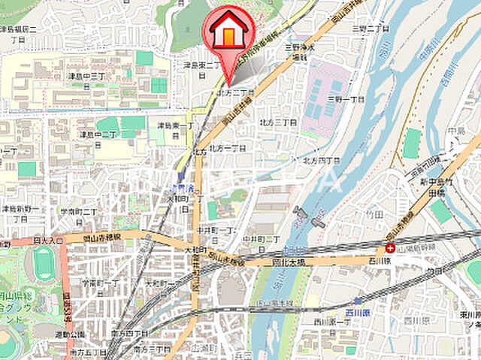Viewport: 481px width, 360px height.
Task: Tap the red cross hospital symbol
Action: [390, 247]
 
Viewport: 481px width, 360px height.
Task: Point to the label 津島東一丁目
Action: [175, 128]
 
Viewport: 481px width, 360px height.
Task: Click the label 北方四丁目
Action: [321, 161]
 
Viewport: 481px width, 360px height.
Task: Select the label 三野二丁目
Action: [371, 28]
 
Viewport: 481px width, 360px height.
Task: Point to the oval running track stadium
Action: [44, 265]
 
